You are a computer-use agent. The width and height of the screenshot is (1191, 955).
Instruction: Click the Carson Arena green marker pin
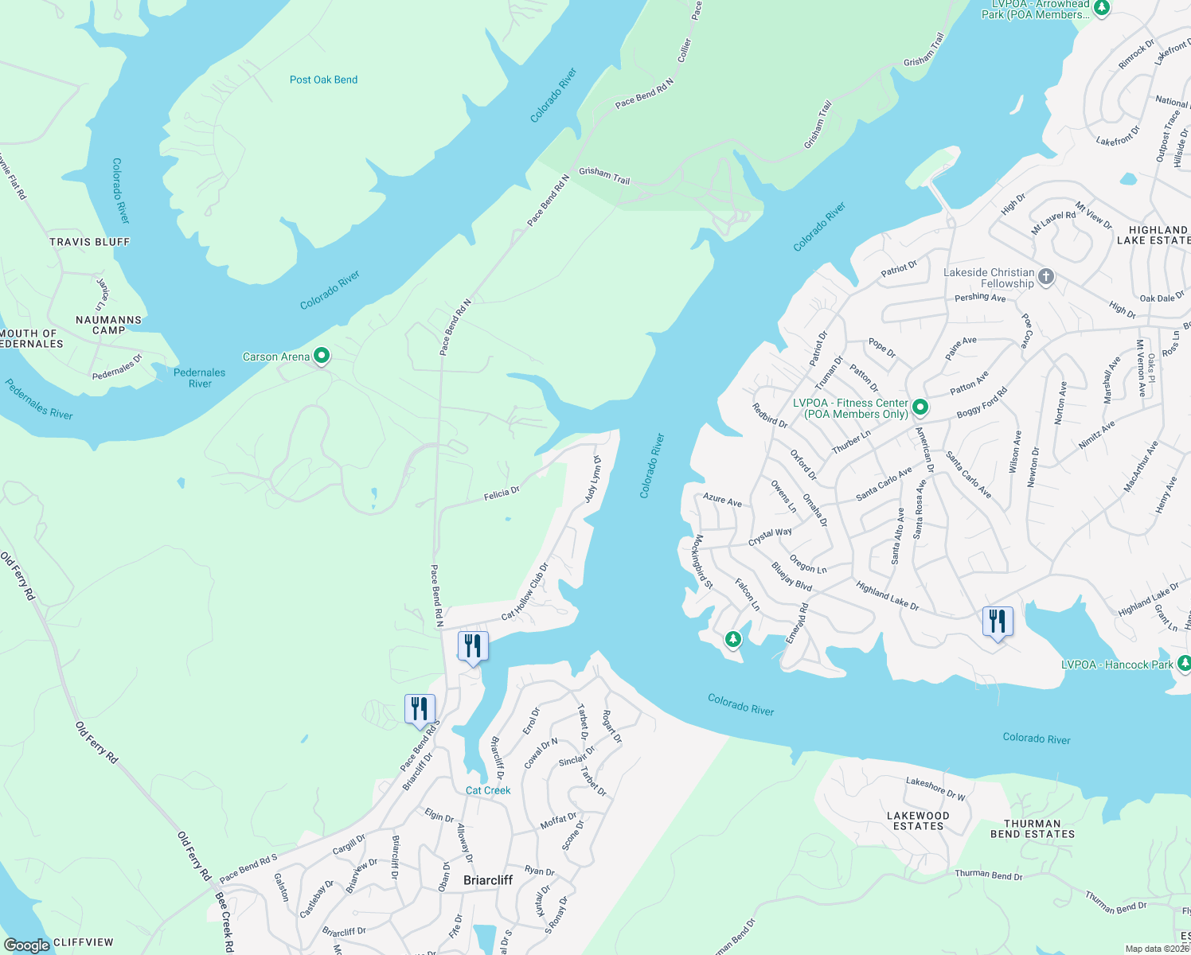point(322,356)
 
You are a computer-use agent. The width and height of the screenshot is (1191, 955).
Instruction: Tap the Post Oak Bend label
point(323,80)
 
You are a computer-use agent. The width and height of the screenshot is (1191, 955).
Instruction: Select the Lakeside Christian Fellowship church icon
point(1046,277)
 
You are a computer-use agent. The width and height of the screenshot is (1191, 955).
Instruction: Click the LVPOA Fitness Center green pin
point(920,407)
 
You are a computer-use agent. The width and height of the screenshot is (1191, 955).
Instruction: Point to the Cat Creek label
point(488,790)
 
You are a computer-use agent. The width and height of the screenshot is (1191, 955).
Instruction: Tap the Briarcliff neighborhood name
point(488,879)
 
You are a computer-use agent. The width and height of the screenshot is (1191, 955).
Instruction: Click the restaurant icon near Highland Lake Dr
point(998,622)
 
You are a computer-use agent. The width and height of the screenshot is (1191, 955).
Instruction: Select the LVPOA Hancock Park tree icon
point(1184,663)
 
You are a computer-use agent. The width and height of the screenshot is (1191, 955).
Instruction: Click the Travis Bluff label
point(89,242)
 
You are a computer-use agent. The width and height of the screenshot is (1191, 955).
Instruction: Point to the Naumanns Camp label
point(108,325)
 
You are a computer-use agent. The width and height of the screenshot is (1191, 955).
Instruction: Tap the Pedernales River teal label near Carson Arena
point(199,378)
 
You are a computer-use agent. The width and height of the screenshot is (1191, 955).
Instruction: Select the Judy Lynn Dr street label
point(593,479)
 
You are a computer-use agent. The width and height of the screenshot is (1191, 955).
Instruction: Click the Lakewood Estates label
point(918,821)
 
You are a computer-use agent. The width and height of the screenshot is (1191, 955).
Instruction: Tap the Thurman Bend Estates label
point(1032,828)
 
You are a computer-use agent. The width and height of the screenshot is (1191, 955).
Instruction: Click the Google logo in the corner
point(26,945)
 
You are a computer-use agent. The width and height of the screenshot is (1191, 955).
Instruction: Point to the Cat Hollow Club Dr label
point(525,592)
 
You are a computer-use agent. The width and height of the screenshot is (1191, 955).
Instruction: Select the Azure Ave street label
point(722,500)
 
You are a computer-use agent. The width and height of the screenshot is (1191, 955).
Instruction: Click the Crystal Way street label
point(770,537)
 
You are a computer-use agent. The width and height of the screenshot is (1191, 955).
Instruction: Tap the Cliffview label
point(84,942)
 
